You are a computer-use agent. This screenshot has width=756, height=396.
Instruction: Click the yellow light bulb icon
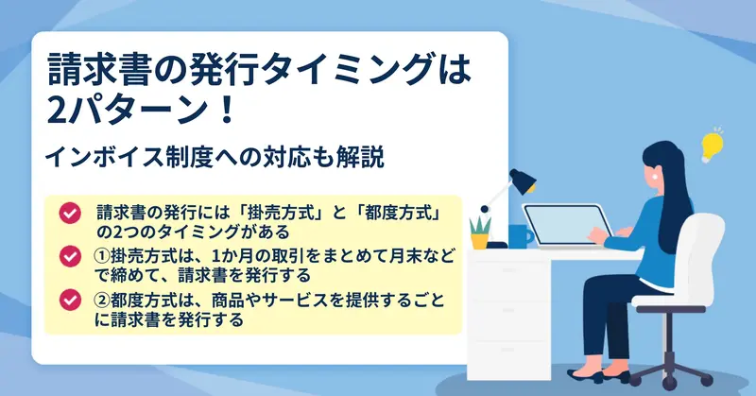[x=712, y=146]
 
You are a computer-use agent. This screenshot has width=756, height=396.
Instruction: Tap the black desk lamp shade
[x=523, y=181]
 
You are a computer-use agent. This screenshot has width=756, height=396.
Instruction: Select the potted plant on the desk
[x=480, y=232]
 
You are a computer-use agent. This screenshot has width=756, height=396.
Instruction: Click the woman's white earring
[x=655, y=176]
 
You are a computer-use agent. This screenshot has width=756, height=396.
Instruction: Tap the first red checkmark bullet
[x=70, y=213]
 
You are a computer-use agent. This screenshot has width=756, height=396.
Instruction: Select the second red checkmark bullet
[x=70, y=256]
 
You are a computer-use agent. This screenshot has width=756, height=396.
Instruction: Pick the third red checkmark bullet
[x=70, y=300]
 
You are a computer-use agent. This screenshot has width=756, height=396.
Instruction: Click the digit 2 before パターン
[x=57, y=110]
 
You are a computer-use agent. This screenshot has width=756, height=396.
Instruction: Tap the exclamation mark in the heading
[x=225, y=110]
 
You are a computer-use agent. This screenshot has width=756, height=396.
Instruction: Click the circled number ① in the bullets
[x=101, y=255]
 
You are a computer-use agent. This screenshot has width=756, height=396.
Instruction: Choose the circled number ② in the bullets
[x=101, y=300]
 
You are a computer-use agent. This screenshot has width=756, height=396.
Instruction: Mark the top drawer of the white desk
[x=508, y=271]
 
